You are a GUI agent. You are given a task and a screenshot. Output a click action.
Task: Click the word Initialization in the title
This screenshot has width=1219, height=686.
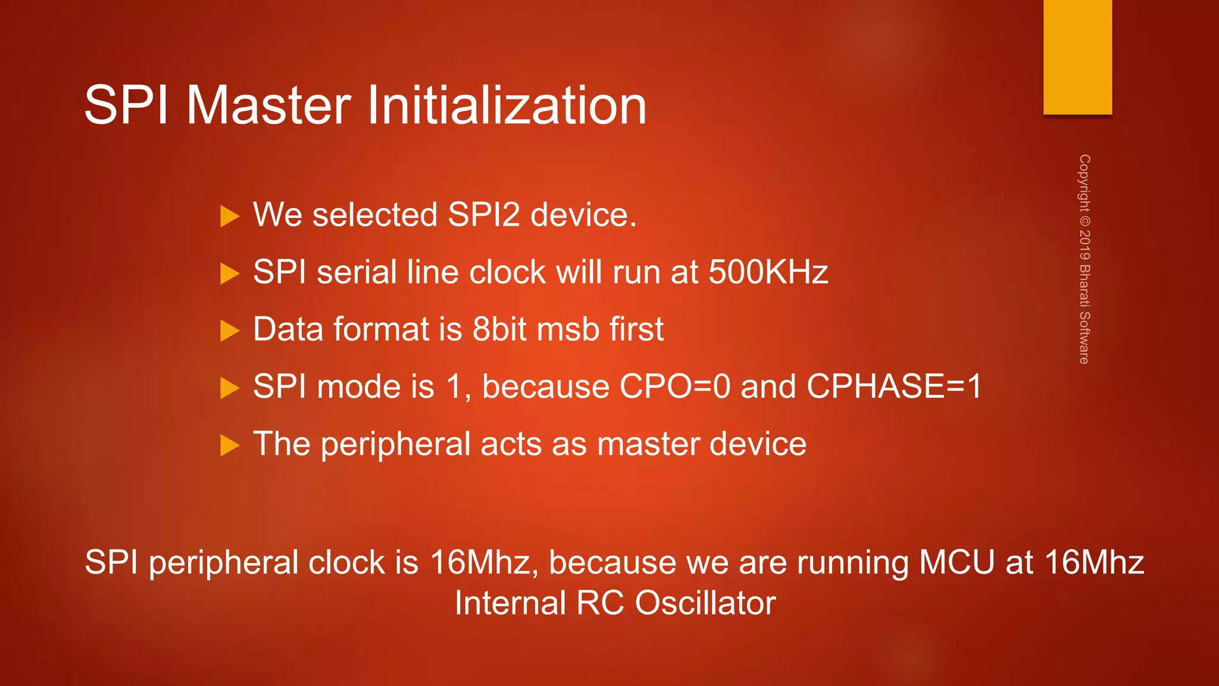coord(507,105)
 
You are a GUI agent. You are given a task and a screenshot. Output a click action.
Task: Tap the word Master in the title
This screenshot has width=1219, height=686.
coord(268,105)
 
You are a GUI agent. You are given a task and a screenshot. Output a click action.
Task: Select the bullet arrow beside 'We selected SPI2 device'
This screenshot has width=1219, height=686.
coord(229,216)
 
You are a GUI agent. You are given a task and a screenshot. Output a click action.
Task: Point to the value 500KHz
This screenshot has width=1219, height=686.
coord(768,272)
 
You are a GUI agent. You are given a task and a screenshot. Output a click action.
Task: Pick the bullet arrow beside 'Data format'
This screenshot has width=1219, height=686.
coord(229,331)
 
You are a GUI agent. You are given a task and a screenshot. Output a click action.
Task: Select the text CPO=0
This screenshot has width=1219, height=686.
coord(675,386)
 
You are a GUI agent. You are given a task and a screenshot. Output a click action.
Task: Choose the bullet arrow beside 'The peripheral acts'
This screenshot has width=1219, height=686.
coord(229,445)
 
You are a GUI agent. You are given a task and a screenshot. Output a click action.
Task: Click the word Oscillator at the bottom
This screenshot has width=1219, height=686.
coord(705,603)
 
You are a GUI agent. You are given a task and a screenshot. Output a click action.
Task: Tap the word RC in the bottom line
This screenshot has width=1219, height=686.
coord(600,603)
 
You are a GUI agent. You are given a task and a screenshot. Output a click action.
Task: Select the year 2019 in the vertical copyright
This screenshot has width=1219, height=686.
coord(1084,245)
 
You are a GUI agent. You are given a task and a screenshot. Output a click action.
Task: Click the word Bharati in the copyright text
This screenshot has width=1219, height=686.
coord(1084,286)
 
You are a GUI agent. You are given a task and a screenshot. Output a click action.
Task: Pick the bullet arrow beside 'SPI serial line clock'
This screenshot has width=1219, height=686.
coord(229,274)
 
